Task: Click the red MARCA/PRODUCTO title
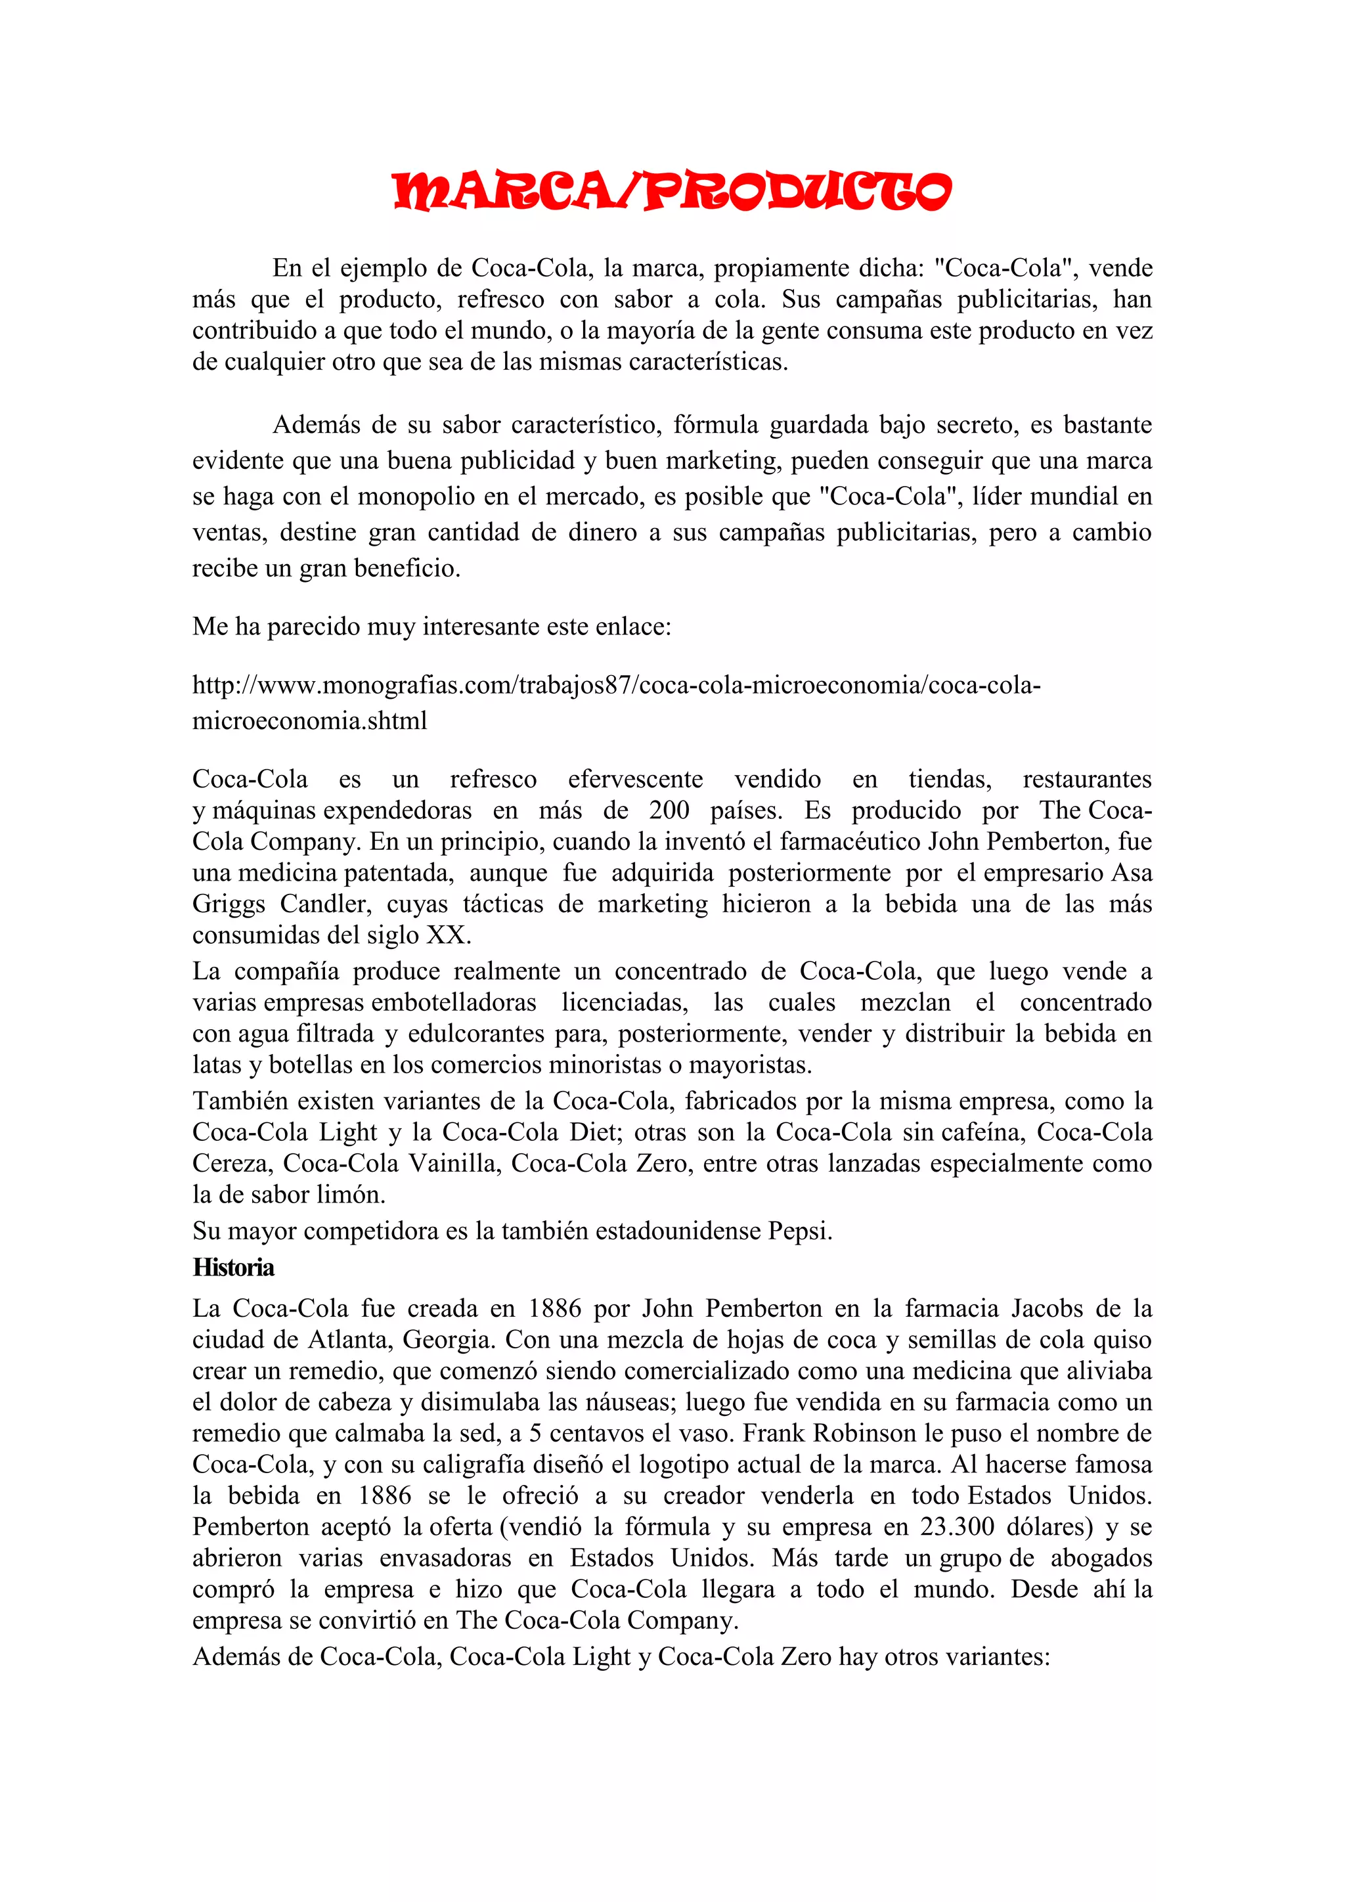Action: click(672, 191)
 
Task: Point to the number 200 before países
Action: click(669, 810)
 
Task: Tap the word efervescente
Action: click(635, 779)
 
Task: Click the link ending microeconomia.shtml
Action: click(310, 720)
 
